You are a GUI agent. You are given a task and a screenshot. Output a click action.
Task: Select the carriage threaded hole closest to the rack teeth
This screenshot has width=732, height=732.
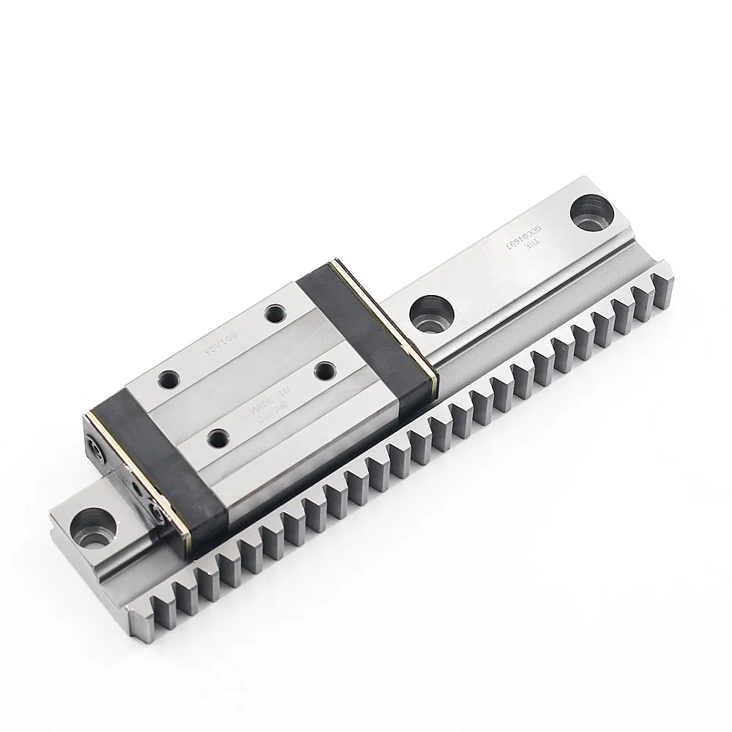pos(217,439)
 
